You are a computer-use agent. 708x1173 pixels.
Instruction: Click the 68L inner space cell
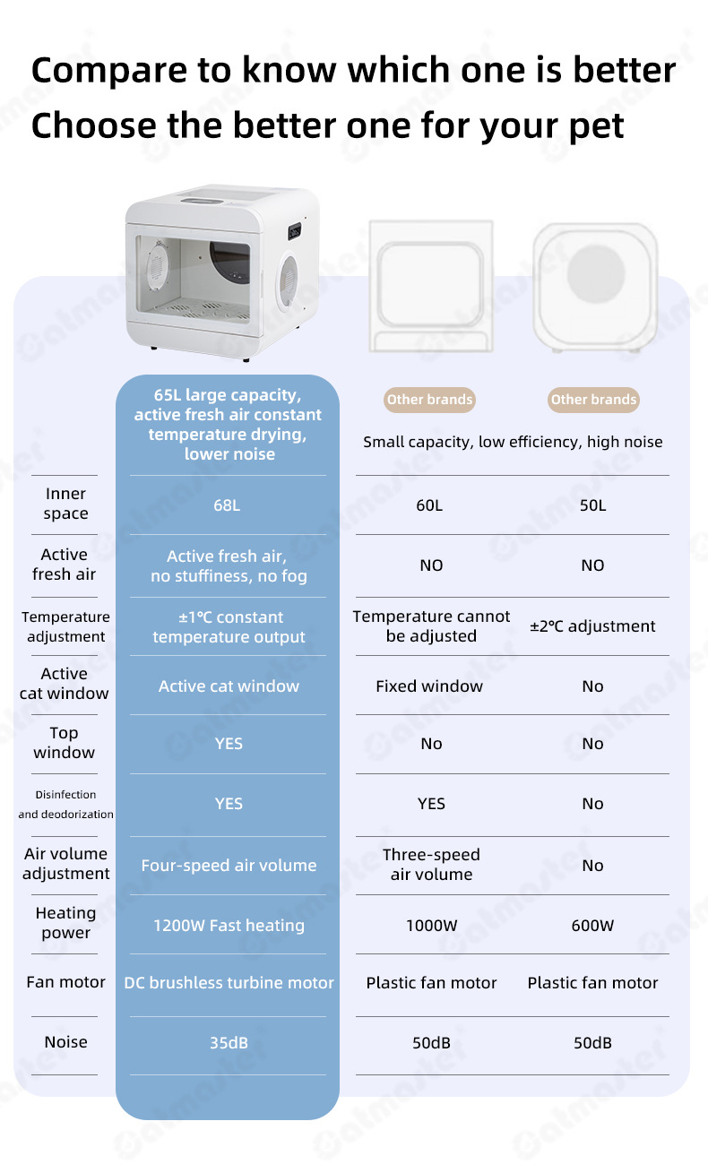point(227,505)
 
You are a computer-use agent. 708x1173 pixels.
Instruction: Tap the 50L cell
point(592,505)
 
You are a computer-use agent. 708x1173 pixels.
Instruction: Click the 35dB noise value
point(228,1042)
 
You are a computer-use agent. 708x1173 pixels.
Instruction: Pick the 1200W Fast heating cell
point(229,925)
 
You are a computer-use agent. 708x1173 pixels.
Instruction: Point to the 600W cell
point(592,925)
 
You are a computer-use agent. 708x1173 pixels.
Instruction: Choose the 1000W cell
point(431,925)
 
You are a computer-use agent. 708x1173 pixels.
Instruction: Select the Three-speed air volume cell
point(431,865)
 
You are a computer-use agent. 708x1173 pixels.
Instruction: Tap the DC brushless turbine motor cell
point(229,983)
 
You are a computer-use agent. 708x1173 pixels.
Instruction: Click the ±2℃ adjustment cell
point(592,626)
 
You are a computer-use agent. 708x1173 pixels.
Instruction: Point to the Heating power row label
point(65,923)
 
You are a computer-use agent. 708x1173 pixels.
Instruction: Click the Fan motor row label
point(65,982)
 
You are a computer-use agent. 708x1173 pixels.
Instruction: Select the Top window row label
point(64,743)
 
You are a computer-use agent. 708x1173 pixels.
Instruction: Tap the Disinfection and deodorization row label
point(65,805)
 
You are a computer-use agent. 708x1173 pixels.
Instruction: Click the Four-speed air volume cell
point(229,866)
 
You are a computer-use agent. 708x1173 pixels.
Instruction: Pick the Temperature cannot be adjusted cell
point(431,626)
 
